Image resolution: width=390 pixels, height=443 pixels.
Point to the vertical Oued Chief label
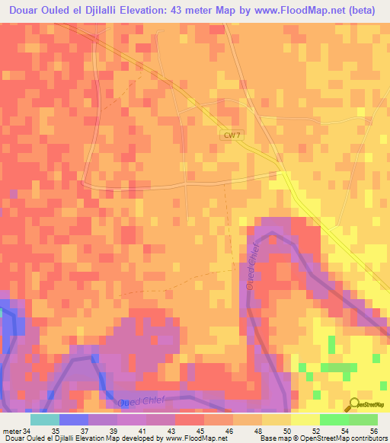tap(251, 269)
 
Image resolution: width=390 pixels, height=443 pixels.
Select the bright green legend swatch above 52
tap(334, 419)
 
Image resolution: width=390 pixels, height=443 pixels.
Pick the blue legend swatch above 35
tap(73, 419)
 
